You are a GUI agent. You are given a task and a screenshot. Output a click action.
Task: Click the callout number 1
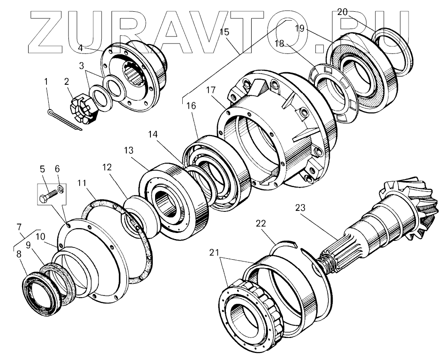click(x=46, y=82)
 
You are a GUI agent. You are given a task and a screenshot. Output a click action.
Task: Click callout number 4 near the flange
click(x=80, y=48)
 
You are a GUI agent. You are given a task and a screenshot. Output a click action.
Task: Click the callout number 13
click(x=129, y=151)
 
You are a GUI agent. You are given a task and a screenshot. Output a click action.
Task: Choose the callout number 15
click(x=224, y=32)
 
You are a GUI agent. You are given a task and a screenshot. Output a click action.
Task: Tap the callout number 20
click(x=342, y=12)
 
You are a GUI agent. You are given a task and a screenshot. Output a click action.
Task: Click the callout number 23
click(x=300, y=207)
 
